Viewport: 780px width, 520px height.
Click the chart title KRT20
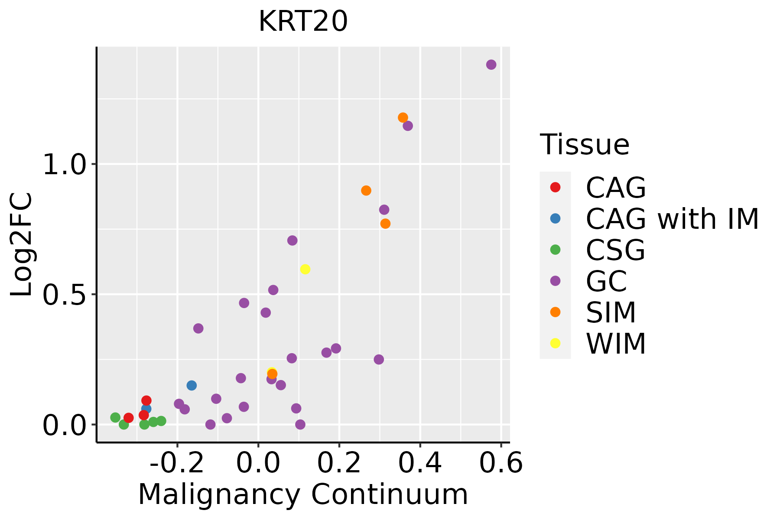pos(303,21)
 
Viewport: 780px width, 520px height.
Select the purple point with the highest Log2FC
pos(491,65)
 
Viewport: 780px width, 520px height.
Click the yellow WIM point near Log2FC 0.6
pos(305,269)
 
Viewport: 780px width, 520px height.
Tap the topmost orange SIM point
pos(403,117)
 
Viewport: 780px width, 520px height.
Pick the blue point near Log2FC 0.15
pos(192,385)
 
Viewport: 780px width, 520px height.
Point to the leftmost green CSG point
pos(115,417)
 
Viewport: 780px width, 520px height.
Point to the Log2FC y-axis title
pos(22,245)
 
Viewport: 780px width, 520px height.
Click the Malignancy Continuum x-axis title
pos(303,494)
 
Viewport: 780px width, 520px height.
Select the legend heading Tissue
pos(585,145)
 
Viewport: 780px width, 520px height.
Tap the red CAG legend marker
pos(555,187)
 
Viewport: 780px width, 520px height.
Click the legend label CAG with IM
pos(672,219)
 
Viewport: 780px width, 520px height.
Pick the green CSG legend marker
pos(555,250)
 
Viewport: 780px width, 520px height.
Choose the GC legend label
pos(606,281)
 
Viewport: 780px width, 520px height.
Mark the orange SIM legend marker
pos(555,312)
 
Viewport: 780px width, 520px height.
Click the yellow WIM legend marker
pos(555,343)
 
